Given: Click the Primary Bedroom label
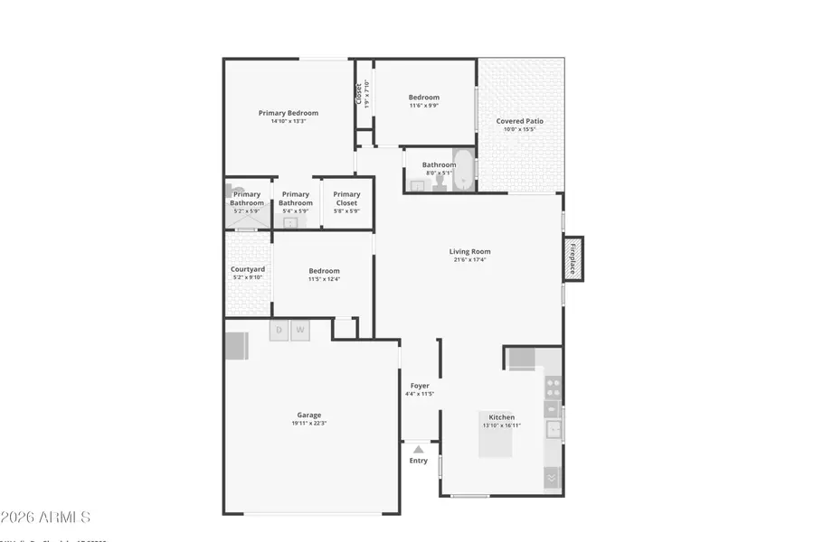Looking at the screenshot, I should click(x=289, y=113).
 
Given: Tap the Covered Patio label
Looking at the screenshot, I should click(x=520, y=121).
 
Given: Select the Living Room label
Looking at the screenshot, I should click(x=469, y=251).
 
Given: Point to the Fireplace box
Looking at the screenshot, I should click(x=573, y=258).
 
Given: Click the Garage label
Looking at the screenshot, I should click(x=308, y=415).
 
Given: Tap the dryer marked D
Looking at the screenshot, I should click(x=279, y=330).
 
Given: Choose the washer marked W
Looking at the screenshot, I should click(x=299, y=330).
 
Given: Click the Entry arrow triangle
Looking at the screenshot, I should click(x=418, y=449).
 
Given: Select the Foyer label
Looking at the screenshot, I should click(x=420, y=386).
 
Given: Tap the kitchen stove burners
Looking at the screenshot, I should click(x=553, y=388).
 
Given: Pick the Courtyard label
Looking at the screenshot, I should click(x=247, y=269).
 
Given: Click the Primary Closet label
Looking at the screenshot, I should click(x=346, y=199).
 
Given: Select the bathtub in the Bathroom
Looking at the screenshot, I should click(x=462, y=171).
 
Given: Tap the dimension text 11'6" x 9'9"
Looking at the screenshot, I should click(x=423, y=106).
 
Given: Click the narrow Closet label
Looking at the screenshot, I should click(x=359, y=93).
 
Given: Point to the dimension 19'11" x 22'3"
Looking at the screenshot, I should click(x=308, y=423).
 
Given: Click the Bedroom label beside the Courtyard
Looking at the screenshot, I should click(x=324, y=271).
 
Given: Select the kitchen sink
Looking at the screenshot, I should click(x=553, y=429).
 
